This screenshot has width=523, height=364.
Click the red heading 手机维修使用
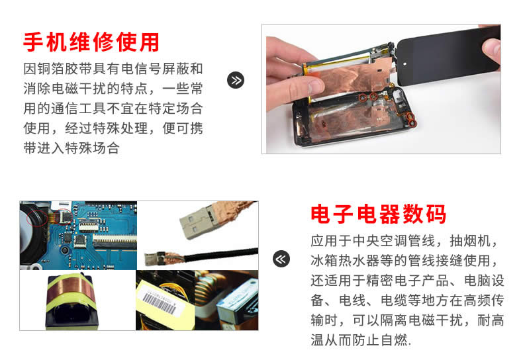91,42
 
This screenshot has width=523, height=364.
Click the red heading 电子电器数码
378,214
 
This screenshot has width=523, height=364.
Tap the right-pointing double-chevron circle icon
236,80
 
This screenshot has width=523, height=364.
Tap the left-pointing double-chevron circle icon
281,259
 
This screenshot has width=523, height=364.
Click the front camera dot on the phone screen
404,64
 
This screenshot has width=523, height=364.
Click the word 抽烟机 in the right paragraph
469,241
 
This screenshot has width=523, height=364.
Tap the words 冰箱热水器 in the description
345,260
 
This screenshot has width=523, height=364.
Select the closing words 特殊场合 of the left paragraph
92,148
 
